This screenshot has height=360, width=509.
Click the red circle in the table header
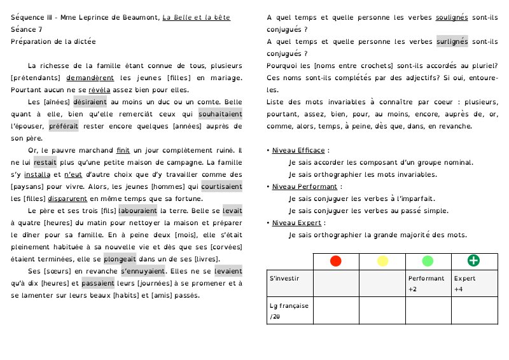tap(336, 261)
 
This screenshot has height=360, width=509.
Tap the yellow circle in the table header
tap(382, 261)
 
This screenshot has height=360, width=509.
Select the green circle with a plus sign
tap(474, 261)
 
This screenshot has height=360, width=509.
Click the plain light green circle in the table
tap(428, 261)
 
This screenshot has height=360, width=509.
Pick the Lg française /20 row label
tap(289, 310)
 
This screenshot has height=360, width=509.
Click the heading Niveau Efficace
tap(298, 151)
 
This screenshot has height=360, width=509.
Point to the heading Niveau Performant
tap(304, 187)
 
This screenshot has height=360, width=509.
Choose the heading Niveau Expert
tap(296, 223)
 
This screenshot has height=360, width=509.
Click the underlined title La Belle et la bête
tap(197, 17)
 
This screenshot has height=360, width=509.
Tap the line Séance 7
tap(27, 29)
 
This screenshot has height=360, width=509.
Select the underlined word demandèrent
tap(90, 78)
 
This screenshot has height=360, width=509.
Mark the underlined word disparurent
tap(71, 199)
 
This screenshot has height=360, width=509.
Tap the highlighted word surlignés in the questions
tap(452, 41)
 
